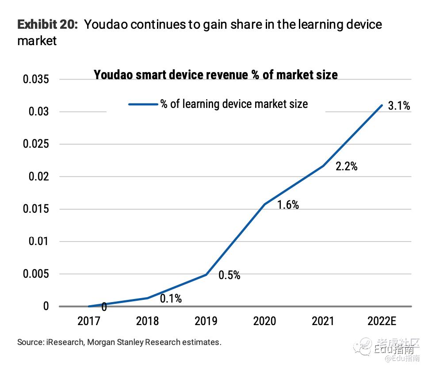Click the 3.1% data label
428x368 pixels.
point(399,106)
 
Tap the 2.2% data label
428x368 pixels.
point(346,167)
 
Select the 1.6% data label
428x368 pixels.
point(288,205)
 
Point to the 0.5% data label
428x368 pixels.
point(229,275)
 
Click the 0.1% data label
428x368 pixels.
point(171,299)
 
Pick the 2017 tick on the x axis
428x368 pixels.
point(89,321)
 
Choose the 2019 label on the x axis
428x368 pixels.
point(206,321)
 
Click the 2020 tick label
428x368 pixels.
point(264,321)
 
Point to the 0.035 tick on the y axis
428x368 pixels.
point(36,80)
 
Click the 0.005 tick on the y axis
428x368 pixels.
point(36,274)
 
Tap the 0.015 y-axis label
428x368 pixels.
point(36,209)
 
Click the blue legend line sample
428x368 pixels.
point(143,104)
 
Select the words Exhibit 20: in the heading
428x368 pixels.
point(47,24)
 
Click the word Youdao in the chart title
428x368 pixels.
point(112,75)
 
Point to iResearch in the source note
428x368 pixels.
point(62,342)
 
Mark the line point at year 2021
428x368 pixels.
point(323,166)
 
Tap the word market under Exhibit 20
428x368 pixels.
point(37,41)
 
